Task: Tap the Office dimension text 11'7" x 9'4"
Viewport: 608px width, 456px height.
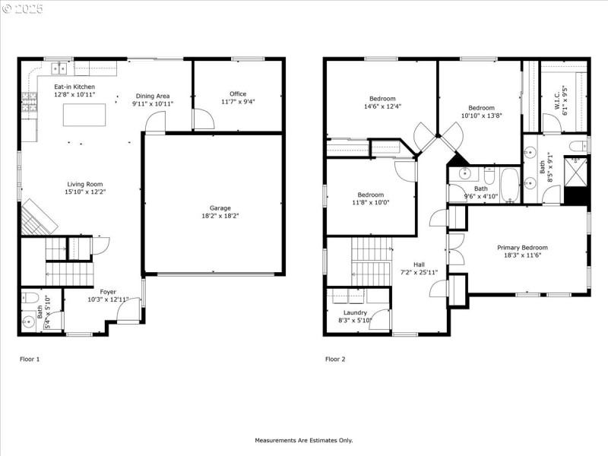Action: click(238, 102)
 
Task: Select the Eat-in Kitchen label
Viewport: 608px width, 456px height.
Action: click(74, 87)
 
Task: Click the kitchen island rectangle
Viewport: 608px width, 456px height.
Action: click(83, 116)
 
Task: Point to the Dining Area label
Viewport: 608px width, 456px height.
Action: click(150, 96)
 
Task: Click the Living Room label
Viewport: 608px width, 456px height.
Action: click(84, 184)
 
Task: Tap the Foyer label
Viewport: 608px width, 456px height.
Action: click(108, 291)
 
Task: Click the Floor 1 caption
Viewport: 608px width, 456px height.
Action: click(29, 359)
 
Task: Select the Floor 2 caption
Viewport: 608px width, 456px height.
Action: click(335, 359)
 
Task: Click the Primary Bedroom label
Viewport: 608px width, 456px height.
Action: click(522, 248)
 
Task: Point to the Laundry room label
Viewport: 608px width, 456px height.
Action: click(355, 312)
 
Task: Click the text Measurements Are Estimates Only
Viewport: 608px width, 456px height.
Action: click(303, 440)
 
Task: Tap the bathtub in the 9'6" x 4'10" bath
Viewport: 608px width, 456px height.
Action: click(508, 187)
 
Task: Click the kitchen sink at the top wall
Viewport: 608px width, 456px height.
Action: click(59, 69)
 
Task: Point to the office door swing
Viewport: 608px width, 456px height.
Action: click(202, 119)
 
